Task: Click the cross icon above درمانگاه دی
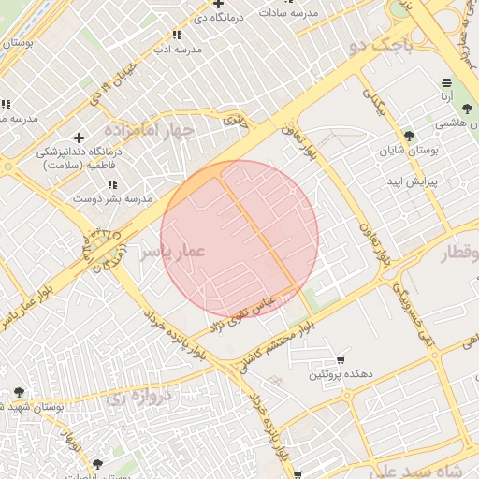218,5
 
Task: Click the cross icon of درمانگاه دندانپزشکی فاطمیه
79,138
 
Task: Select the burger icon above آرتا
447,82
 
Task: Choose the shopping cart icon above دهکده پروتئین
341,360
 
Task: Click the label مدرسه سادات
319,13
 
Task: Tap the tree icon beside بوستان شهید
20,392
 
